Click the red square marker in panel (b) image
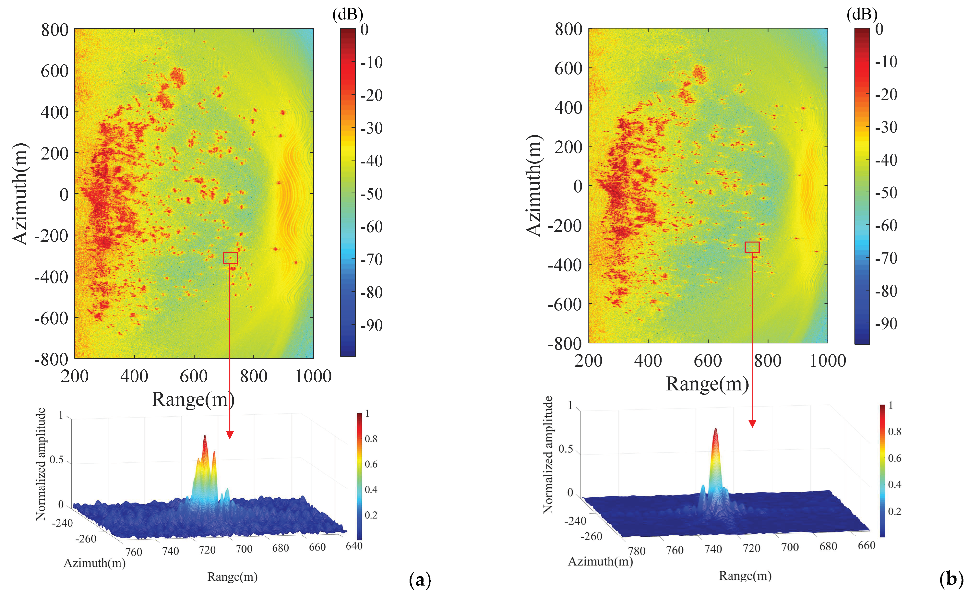(x=752, y=247)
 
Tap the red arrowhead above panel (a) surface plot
(x=230, y=435)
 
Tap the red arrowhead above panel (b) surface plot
(x=752, y=424)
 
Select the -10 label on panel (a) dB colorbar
(x=372, y=62)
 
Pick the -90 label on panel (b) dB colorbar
(x=886, y=323)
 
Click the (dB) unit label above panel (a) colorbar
(x=347, y=14)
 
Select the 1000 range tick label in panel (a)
(x=313, y=376)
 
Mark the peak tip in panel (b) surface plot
(x=715, y=429)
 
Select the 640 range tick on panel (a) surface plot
(x=354, y=546)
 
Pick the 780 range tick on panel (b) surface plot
(x=636, y=551)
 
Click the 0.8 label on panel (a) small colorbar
(x=371, y=439)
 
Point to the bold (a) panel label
(x=420, y=580)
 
